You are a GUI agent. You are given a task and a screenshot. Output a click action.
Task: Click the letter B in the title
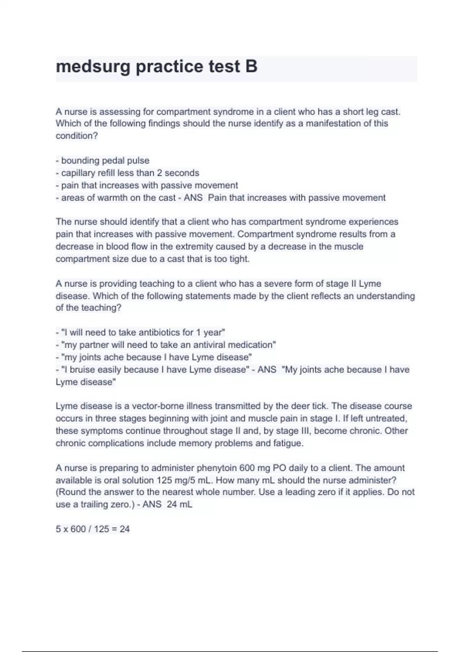251,67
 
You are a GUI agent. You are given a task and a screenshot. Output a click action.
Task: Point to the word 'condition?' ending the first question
77,136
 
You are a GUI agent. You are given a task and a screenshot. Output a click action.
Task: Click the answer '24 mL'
179,504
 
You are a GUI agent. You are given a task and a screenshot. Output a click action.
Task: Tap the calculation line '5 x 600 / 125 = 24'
93,529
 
